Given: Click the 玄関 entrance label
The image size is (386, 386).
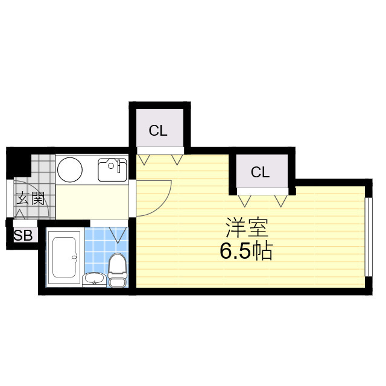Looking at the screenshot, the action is point(30,198).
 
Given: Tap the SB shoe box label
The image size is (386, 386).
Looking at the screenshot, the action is point(23,235).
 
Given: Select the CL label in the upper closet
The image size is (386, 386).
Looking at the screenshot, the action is point(158,130).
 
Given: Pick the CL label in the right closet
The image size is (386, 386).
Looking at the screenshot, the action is point(260,172).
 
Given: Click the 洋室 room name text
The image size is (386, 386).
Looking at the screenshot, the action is point(247,228).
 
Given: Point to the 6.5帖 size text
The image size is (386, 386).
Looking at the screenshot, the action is point(246,251).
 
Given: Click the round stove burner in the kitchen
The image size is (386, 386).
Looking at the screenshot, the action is point(70,169).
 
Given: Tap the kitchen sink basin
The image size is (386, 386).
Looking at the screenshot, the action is point(112,170).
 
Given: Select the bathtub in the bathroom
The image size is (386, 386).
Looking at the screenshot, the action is point(65,258).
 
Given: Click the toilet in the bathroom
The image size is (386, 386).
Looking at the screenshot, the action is point(117,270).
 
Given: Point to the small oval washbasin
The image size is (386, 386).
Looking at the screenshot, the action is point(94,279).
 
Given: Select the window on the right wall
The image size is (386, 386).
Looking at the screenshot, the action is point(367,236).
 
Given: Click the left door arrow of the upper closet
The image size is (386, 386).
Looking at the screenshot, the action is point(144,159).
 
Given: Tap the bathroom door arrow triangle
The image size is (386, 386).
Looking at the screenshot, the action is point(118,235).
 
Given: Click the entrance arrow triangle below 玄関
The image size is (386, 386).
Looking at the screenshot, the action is point(20,215).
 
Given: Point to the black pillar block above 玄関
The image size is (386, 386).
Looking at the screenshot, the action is point(19,163).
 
